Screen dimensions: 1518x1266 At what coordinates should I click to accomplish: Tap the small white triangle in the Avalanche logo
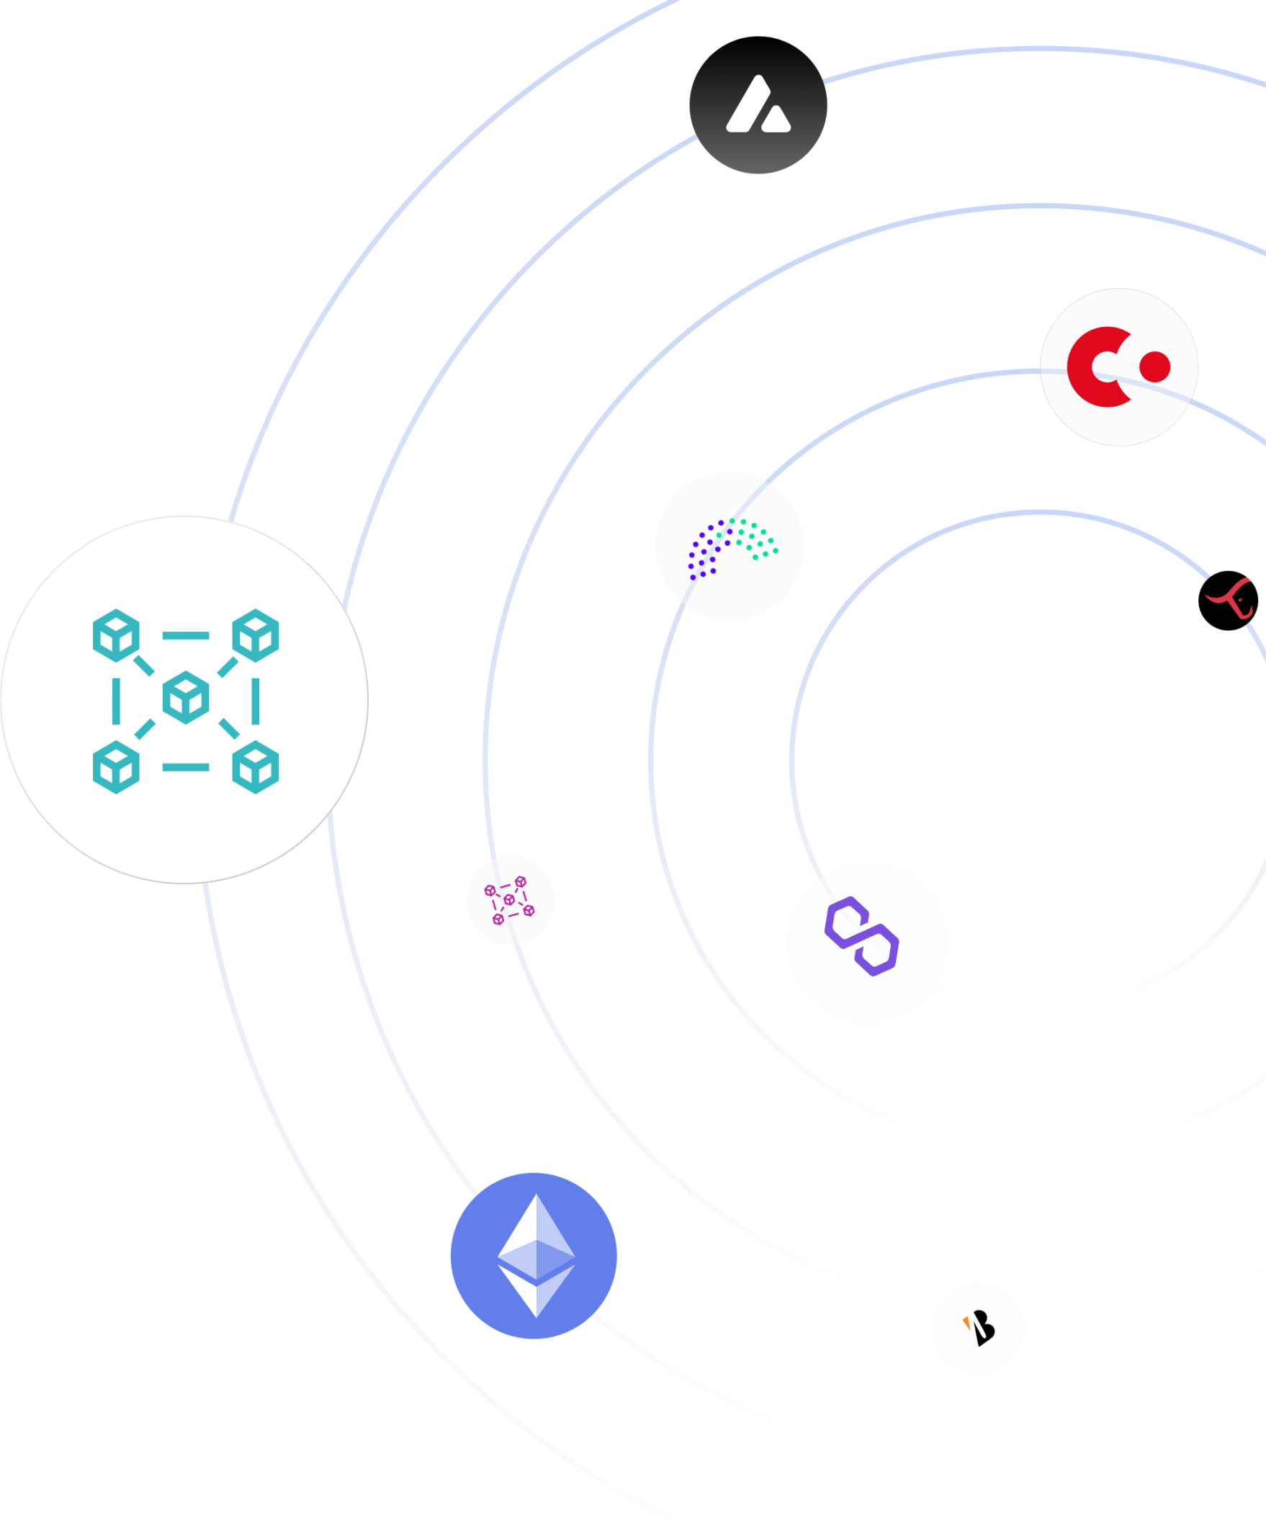[776, 120]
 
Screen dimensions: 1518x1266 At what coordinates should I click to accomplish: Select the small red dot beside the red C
[1154, 367]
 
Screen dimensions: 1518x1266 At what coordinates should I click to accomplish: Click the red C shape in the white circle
[1093, 367]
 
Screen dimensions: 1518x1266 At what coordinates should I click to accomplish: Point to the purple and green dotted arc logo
[729, 547]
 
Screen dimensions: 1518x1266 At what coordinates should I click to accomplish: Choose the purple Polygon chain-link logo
[861, 936]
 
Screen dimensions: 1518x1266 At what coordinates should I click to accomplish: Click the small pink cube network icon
[510, 900]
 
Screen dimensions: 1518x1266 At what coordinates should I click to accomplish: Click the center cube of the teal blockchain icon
[186, 698]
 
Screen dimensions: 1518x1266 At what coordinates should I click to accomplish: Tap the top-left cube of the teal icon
[116, 635]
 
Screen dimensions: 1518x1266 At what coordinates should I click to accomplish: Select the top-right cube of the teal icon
[255, 635]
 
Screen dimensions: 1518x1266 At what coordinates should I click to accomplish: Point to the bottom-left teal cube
[116, 767]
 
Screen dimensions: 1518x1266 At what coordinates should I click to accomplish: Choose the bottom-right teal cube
[255, 767]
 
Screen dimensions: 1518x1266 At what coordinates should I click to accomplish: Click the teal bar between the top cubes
[186, 635]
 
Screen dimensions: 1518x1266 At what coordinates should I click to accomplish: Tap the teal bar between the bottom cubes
[186, 767]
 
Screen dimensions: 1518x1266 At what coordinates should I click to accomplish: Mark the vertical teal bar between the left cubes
[117, 701]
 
